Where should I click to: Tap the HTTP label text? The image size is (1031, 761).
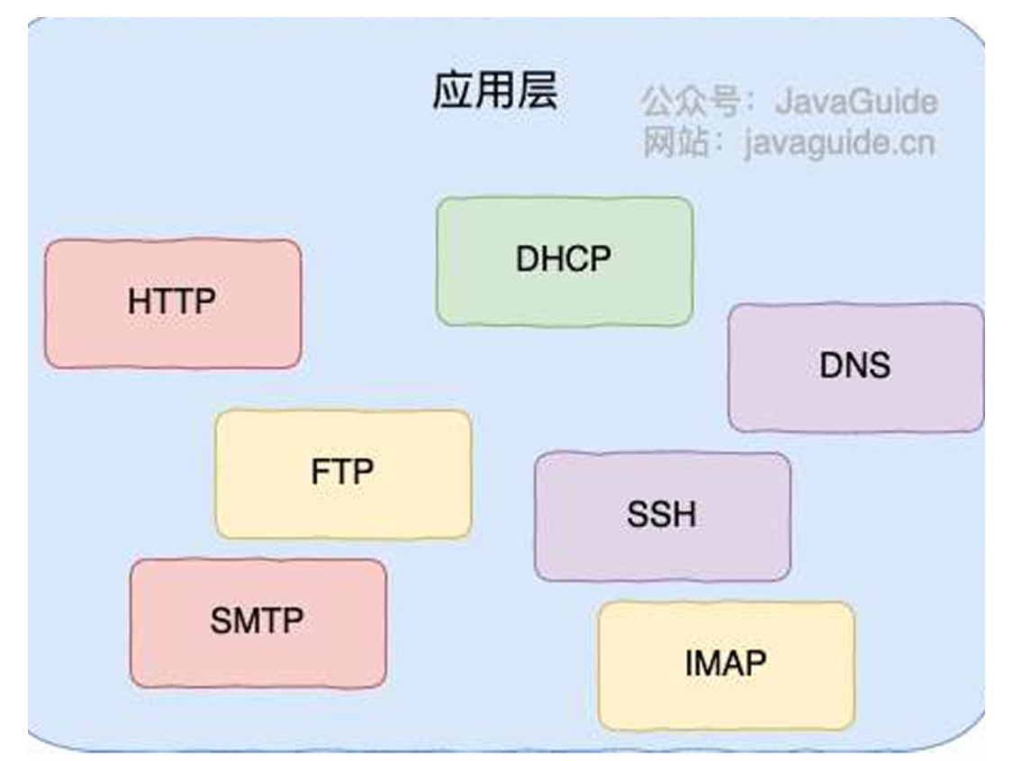(172, 302)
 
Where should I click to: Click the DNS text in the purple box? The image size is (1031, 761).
(855, 366)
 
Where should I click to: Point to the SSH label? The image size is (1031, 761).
(662, 515)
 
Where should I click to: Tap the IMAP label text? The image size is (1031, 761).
(726, 665)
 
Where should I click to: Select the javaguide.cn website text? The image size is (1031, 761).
(839, 143)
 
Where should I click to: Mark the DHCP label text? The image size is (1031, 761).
(564, 259)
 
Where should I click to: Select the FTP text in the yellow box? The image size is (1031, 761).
(342, 473)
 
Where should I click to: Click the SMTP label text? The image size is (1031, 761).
(257, 621)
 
